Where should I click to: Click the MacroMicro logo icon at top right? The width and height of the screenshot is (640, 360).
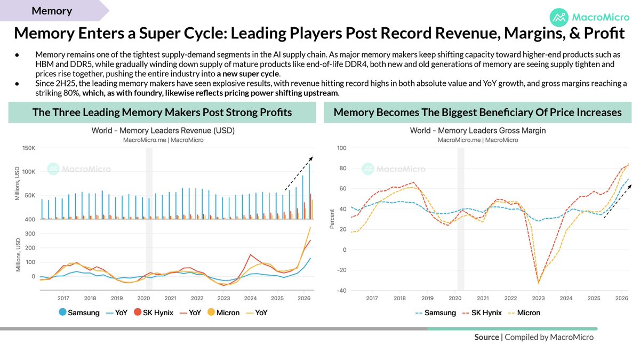559,18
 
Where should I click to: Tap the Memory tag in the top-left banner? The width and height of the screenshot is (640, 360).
52,11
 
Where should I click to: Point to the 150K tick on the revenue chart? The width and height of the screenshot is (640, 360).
29,148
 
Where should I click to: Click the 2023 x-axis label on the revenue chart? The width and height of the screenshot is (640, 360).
223,298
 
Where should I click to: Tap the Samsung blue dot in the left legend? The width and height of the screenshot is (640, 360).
62,313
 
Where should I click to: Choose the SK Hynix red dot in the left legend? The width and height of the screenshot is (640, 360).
138,313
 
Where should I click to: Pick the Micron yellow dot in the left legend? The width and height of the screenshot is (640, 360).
211,313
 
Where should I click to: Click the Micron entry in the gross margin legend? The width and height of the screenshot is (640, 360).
524,313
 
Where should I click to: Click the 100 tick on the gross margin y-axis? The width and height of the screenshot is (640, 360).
341,148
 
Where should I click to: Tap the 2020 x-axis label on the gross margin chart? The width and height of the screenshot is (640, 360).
455,298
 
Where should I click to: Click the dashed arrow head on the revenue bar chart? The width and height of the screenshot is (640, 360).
311,158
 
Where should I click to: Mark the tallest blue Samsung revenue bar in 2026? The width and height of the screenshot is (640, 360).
309,191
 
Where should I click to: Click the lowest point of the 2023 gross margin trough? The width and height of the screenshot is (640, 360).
538,283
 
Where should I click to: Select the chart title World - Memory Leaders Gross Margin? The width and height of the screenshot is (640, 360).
478,131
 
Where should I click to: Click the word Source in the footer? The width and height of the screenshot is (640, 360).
486,337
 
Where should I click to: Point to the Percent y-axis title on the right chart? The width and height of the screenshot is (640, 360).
332,219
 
